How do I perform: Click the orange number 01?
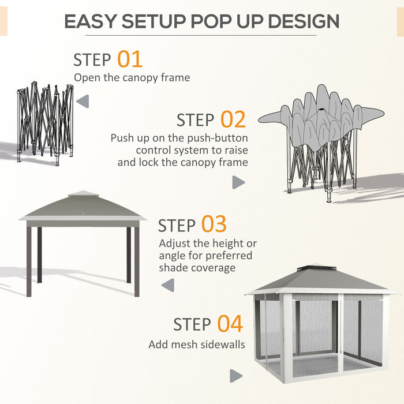pos(130,59)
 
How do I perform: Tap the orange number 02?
pos(233,119)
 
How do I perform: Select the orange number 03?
pos(214,225)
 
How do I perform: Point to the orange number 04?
pos(230,324)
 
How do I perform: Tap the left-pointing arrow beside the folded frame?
pos(83,102)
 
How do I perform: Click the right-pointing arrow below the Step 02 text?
pos(238,182)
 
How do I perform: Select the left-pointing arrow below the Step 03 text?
pos(168,285)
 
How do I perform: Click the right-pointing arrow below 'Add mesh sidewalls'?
pos(235,376)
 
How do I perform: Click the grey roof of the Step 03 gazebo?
pos(83,208)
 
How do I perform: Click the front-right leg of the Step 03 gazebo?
pos(137,261)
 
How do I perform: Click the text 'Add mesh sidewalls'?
pos(196,345)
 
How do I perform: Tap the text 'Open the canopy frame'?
pos(132,77)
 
